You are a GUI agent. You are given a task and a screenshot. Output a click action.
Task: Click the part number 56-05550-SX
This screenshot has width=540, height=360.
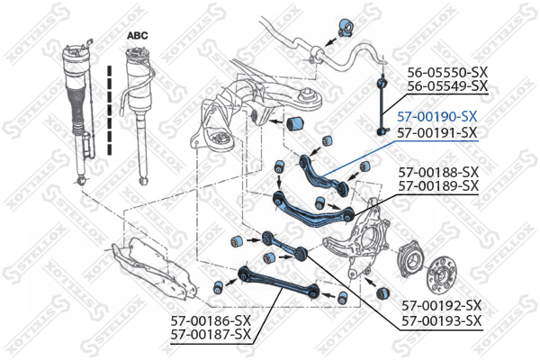coord(447,72)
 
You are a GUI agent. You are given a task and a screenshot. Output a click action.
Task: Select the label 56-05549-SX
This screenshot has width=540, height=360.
coord(447,86)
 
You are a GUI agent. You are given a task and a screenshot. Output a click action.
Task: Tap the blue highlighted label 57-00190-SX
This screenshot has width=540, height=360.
coord(436,117)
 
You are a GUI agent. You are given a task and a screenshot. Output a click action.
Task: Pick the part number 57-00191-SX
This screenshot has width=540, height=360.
coord(436,131)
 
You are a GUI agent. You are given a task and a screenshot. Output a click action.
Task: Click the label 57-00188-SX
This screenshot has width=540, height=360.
coord(436,171)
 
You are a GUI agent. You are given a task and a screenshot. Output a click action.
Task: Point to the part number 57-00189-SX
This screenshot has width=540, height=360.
coord(436,185)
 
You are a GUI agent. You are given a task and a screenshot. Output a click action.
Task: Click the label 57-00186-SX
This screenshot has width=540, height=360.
coord(210,319)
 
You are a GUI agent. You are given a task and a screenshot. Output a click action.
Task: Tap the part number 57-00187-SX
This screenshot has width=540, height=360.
coord(210,334)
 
